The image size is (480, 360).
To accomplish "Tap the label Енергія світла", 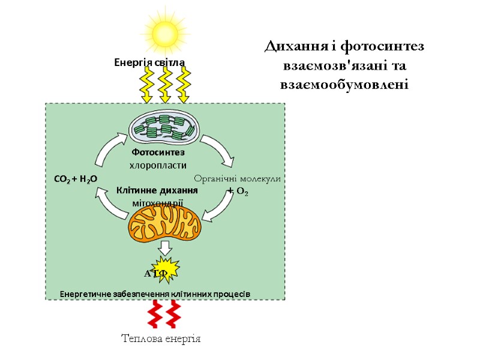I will [x=149, y=62].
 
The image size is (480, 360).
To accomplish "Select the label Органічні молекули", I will [x=237, y=178].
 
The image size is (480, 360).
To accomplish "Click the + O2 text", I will [x=238, y=191].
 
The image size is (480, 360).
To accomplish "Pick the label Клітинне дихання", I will [x=157, y=190].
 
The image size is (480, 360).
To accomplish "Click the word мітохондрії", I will [x=157, y=203].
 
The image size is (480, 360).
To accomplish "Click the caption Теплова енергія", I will [x=161, y=339].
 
